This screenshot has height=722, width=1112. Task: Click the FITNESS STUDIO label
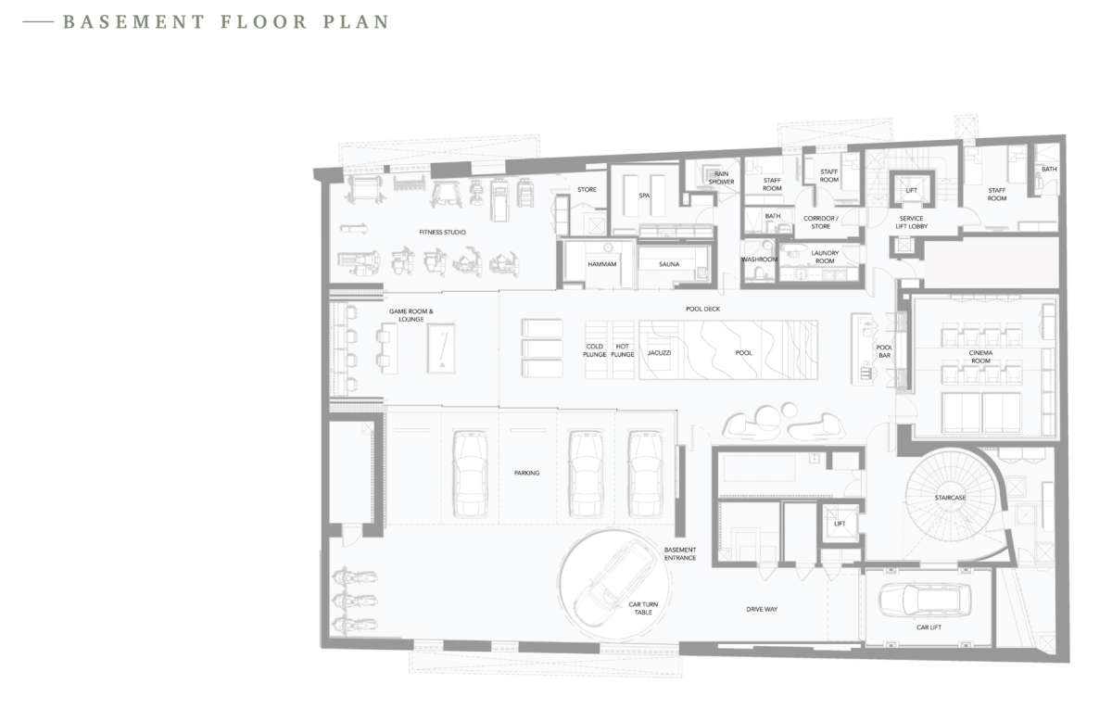[442, 232]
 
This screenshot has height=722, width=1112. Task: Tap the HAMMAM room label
[601, 264]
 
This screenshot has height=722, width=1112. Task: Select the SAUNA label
[669, 264]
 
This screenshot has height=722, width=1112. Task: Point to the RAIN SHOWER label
[721, 178]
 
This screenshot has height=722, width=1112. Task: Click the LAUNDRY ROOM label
[825, 257]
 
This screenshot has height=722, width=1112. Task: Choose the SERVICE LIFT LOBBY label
[912, 222]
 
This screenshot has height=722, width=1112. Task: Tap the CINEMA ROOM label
[980, 357]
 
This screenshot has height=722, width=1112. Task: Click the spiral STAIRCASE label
[950, 498]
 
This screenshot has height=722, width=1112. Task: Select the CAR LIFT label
[929, 627]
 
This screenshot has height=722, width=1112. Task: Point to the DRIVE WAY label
[762, 609]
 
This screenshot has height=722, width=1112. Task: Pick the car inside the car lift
[925, 599]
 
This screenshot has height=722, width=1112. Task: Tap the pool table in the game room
[441, 348]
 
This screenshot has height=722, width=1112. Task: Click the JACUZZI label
[659, 352]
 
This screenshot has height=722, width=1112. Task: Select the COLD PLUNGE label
[594, 350]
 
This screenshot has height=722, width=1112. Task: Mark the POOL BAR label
[884, 351]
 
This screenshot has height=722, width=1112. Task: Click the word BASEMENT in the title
[134, 22]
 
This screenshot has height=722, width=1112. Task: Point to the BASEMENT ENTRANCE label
[680, 553]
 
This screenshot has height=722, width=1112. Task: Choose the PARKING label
[526, 473]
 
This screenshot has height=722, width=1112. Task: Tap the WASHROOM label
[759, 260]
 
